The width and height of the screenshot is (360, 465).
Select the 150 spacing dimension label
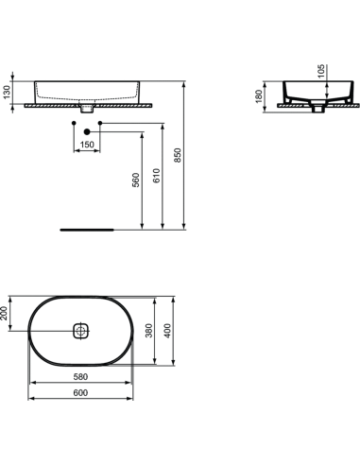[x=88, y=146]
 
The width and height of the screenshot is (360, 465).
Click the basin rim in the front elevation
[x=87, y=79]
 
